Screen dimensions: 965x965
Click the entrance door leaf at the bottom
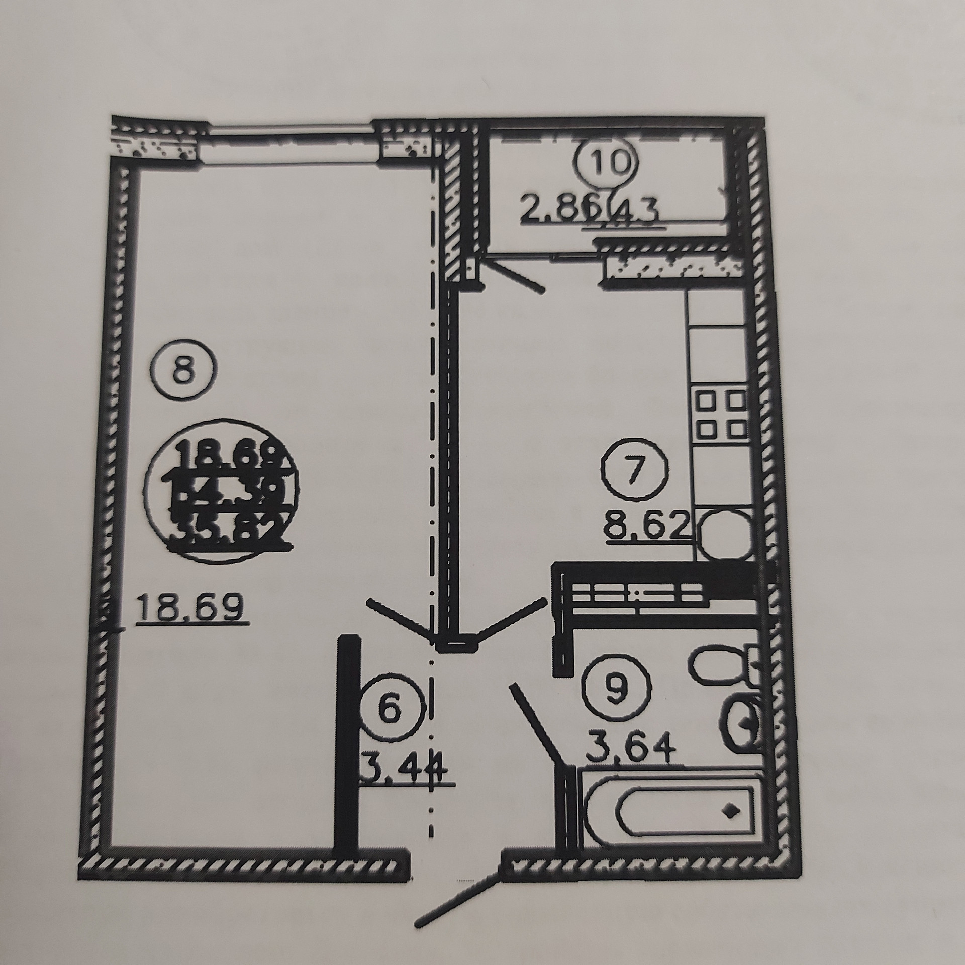pyautogui.click(x=457, y=864)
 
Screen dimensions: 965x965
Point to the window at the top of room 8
pyautogui.click(x=289, y=145)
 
